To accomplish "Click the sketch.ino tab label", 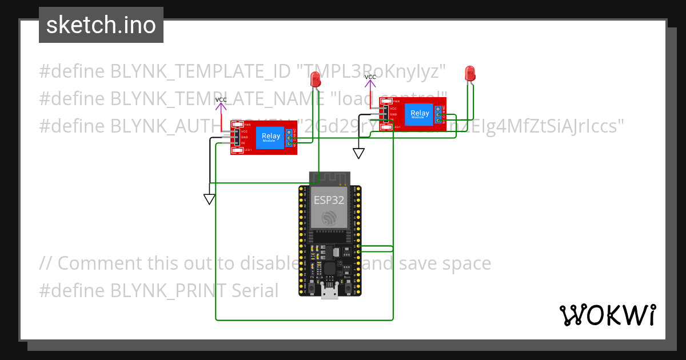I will point(101,25).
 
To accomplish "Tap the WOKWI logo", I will point(607,315).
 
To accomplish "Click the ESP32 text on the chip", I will point(329,201).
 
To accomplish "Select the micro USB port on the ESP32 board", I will point(329,293).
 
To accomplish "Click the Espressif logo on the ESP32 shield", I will point(329,219).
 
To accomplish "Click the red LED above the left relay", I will point(316,79).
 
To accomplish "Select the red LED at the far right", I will point(470,74).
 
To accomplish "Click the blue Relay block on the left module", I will point(271,137).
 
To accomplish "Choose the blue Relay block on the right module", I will point(420,114).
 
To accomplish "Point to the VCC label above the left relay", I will point(221,100).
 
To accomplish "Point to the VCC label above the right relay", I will point(370,77).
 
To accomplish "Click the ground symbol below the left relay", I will point(209,199).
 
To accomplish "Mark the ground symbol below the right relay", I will point(358,153).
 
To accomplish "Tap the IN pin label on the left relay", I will point(243,143).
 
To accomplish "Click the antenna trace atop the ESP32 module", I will point(329,178).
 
